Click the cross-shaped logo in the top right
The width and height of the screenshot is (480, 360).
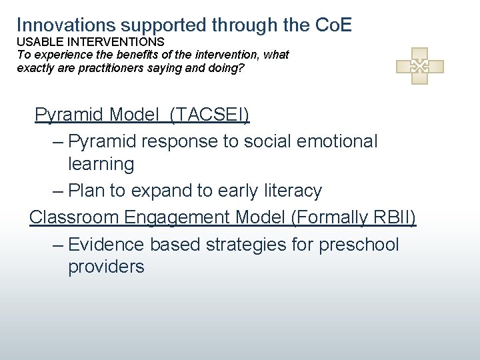[x=419, y=65]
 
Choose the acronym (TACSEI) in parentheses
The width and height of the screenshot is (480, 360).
[x=209, y=115]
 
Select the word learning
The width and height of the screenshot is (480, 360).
[x=101, y=164]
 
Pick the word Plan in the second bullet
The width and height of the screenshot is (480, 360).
[x=88, y=191]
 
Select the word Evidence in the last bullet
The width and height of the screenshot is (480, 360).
[x=106, y=245]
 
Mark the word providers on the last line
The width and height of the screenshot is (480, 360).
[x=106, y=267]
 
